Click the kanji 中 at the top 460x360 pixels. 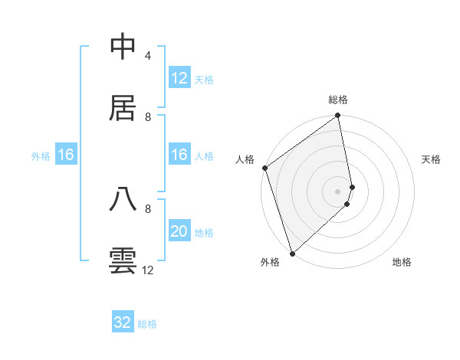click(123, 47)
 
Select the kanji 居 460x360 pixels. click(123, 108)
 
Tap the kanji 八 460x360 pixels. click(123, 199)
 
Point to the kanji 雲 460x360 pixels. click(123, 260)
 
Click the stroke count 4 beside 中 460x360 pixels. click(147, 56)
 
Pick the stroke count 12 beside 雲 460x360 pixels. click(148, 270)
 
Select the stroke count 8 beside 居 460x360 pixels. click(148, 116)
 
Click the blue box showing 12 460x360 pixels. click(179, 78)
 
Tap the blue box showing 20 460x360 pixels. click(179, 231)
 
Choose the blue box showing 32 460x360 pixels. click(122, 322)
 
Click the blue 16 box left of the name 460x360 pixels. click(65, 155)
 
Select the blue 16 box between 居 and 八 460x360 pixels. click(179, 155)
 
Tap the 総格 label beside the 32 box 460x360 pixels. click(147, 324)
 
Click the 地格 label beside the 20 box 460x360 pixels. click(204, 233)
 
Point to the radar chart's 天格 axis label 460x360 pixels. click(431, 159)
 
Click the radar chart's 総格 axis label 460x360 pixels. click(338, 100)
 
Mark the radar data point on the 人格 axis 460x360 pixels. click(264, 168)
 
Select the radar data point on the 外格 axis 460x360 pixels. click(292, 253)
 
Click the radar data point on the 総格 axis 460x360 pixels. click(338, 116)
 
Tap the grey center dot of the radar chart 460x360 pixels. click(338, 191)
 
